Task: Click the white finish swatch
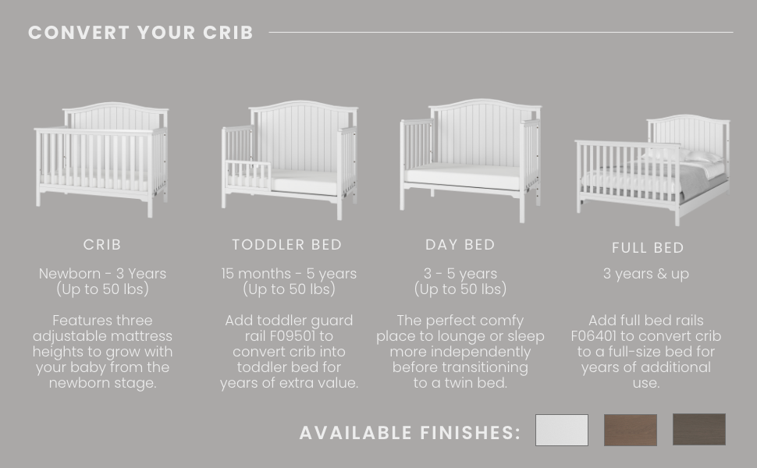pos(561,430)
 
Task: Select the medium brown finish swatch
pos(631,430)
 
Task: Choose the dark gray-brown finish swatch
pos(699,430)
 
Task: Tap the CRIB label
pos(102,245)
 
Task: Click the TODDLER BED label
pos(286,245)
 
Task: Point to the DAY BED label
pos(460,245)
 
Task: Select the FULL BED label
pos(648,248)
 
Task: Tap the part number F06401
pos(594,336)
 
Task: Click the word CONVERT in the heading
pos(79,33)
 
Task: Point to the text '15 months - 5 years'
pos(289,274)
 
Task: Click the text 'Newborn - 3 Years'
pos(102,274)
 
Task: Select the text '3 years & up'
pos(646,274)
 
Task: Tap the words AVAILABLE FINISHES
pos(410,433)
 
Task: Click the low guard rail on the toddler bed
pos(248,175)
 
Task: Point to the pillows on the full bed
pos(684,155)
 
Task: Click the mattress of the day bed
pos(462,175)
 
